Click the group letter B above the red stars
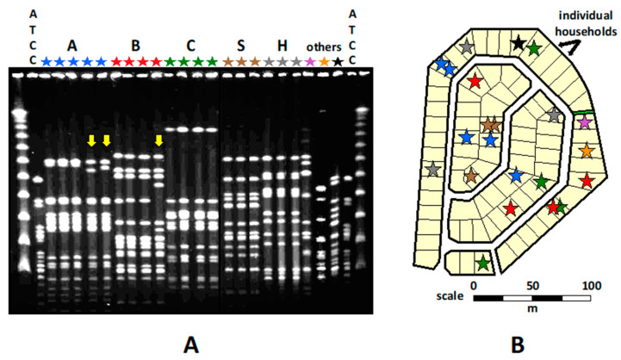(x=134, y=45)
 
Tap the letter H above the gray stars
(x=281, y=45)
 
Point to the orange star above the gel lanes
(x=324, y=62)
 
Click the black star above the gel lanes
(x=338, y=62)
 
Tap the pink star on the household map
(x=585, y=122)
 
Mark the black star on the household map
(x=518, y=41)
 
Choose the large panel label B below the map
(x=516, y=345)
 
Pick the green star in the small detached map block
(x=482, y=263)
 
